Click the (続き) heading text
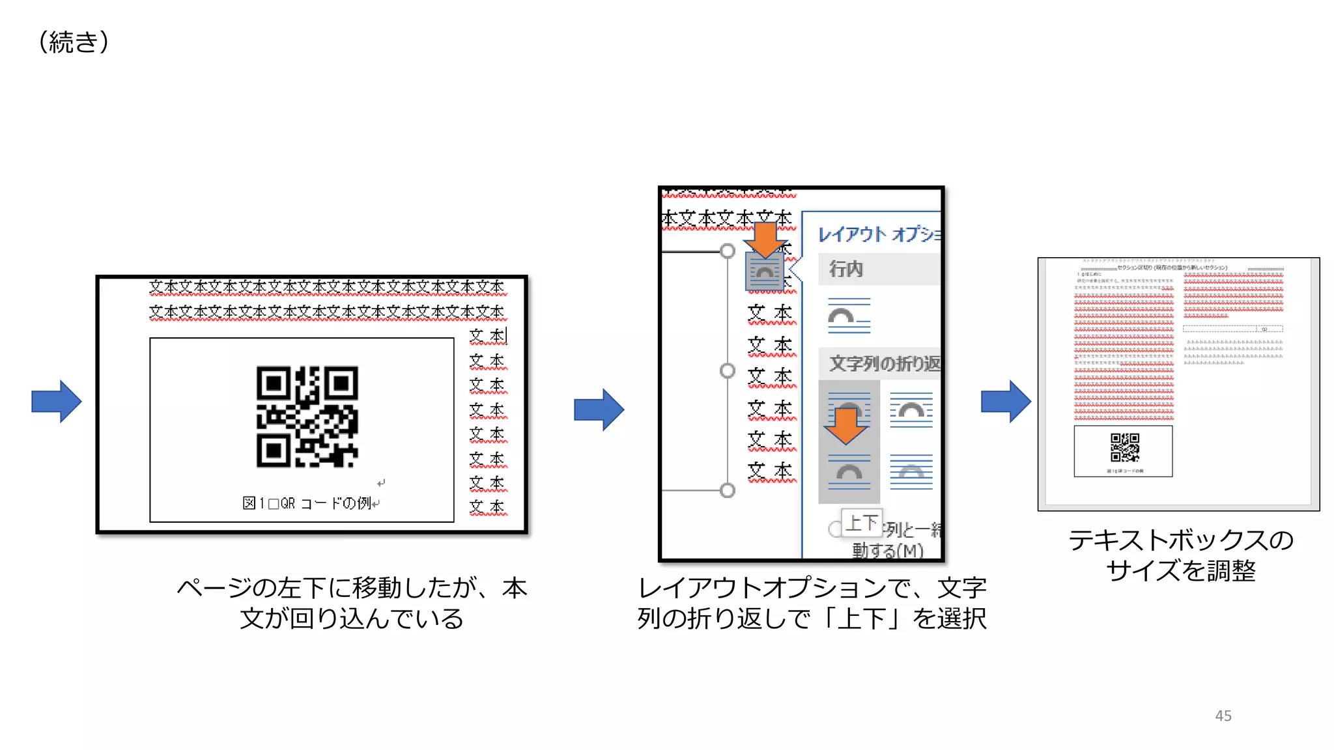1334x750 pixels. pyautogui.click(x=74, y=42)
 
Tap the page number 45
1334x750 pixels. pyautogui.click(x=1223, y=715)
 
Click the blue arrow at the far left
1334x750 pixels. pyautogui.click(x=57, y=401)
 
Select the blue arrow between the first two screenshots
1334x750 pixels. pyautogui.click(x=599, y=410)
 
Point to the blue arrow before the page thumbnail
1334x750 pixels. pyautogui.click(x=1006, y=401)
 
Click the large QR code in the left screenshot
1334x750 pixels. pyautogui.click(x=307, y=417)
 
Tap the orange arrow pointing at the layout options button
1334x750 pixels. pyautogui.click(x=766, y=239)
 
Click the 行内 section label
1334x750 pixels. pyautogui.click(x=846, y=268)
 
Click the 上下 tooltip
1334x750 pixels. pyautogui.click(x=862, y=522)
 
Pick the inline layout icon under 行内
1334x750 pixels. pyautogui.click(x=849, y=316)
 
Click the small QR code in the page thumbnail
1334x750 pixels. pyautogui.click(x=1124, y=447)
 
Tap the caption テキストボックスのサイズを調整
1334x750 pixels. pyautogui.click(x=1180, y=555)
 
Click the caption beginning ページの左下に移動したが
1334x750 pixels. pyautogui.click(x=352, y=603)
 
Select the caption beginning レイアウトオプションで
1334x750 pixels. pyautogui.click(x=812, y=603)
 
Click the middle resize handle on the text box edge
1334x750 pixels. pyautogui.click(x=727, y=370)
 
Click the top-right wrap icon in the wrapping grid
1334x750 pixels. pyautogui.click(x=911, y=410)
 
